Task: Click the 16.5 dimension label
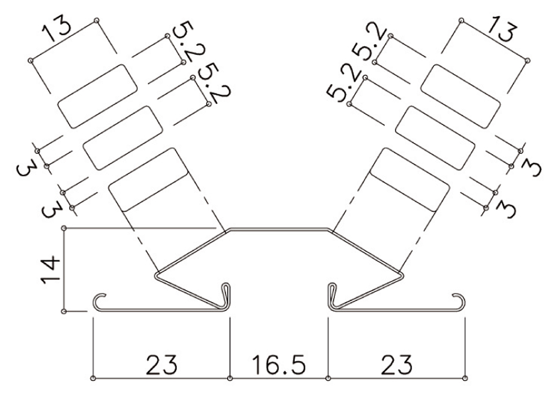(278, 365)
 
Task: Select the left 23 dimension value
(162, 365)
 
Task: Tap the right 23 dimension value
(396, 365)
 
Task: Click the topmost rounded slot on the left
(97, 96)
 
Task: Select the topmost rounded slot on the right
(461, 96)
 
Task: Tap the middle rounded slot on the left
(123, 138)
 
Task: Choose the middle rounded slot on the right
(435, 138)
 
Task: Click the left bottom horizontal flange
(161, 311)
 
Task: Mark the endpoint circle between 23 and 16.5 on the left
(230, 378)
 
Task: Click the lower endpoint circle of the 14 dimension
(64, 312)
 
